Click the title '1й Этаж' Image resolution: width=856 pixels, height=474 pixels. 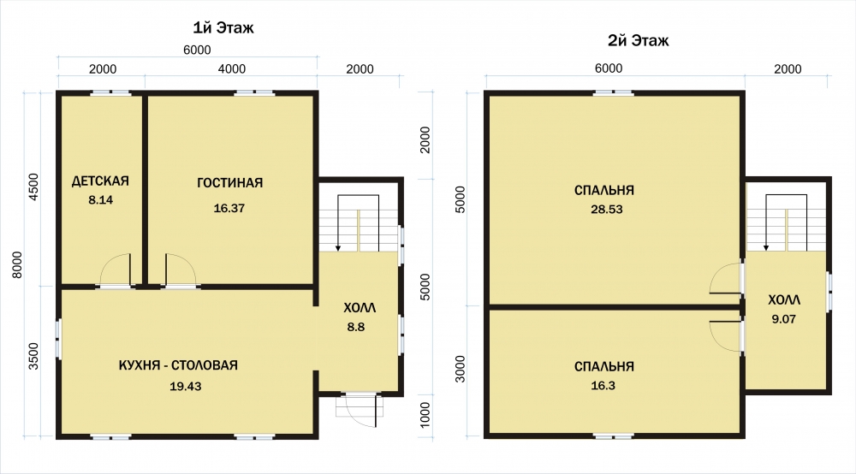click(x=223, y=28)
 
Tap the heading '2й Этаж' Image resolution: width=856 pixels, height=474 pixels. click(x=639, y=40)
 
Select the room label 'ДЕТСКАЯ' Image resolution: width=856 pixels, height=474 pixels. click(x=100, y=181)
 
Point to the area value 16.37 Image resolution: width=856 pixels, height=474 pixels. click(x=229, y=208)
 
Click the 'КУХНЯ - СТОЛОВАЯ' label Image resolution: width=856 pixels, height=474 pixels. click(x=178, y=364)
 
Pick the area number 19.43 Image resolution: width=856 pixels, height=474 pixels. click(x=186, y=386)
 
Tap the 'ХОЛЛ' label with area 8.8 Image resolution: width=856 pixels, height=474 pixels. click(x=360, y=308)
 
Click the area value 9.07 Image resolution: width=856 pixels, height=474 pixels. click(x=783, y=319)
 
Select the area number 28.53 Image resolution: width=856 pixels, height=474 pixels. click(x=607, y=209)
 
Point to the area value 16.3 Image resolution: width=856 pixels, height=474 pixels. click(x=603, y=386)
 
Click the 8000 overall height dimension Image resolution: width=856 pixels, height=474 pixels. click(x=17, y=264)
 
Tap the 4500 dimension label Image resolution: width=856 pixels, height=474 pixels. click(x=34, y=187)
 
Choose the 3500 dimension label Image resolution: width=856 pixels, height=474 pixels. click(x=34, y=356)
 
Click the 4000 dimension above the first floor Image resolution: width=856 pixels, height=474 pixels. click(x=231, y=68)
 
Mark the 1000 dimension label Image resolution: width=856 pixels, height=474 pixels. click(x=425, y=415)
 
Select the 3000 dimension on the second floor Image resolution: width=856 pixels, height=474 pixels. click(x=461, y=369)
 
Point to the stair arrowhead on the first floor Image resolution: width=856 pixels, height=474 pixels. click(x=338, y=248)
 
